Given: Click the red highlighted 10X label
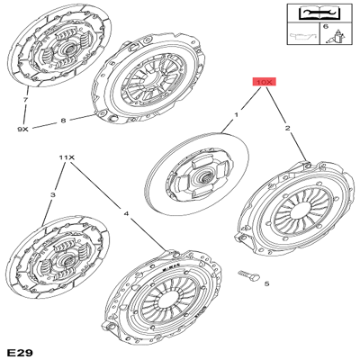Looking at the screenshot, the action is (264, 82).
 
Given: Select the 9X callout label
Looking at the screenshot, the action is (22, 130).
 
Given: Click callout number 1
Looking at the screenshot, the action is (237, 114).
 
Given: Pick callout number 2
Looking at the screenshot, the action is (287, 129).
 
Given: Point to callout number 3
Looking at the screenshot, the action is (53, 195).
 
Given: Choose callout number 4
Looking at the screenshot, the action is (126, 213).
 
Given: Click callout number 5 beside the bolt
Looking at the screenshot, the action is (266, 283).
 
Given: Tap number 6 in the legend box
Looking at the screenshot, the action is (326, 26).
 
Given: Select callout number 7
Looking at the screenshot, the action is (25, 100).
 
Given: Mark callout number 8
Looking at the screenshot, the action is (63, 121).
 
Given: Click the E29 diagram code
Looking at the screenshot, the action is (21, 352).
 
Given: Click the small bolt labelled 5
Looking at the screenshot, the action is (248, 275).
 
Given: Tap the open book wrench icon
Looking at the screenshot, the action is (319, 13).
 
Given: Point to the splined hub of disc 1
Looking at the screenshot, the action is (207, 178).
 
